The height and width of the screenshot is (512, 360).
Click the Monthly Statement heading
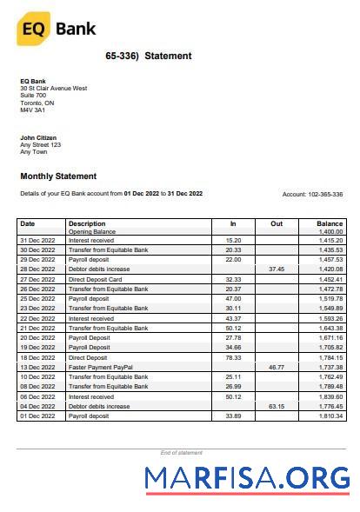[58, 176]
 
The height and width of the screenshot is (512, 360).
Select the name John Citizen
[39, 137]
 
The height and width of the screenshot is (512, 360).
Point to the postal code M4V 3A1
[32, 110]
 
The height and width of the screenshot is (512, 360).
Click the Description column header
[87, 223]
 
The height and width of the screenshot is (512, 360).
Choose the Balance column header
[330, 223]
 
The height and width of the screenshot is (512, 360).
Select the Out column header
[277, 223]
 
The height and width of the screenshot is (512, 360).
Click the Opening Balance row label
[92, 232]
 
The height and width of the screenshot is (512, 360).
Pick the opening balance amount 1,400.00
[330, 232]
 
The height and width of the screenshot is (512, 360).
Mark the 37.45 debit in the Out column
[277, 269]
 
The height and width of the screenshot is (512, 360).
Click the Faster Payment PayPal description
[102, 368]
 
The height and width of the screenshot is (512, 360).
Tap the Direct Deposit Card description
[96, 279]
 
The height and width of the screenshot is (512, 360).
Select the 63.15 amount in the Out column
[277, 406]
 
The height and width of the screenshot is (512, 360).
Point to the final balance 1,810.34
[330, 416]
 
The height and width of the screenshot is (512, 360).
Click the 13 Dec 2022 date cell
[37, 368]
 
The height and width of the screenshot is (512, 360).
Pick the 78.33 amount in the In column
[232, 357]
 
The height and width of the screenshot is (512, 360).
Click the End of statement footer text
[181, 453]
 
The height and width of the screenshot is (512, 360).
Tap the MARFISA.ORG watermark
[247, 478]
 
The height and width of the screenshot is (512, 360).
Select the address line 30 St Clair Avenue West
[53, 88]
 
